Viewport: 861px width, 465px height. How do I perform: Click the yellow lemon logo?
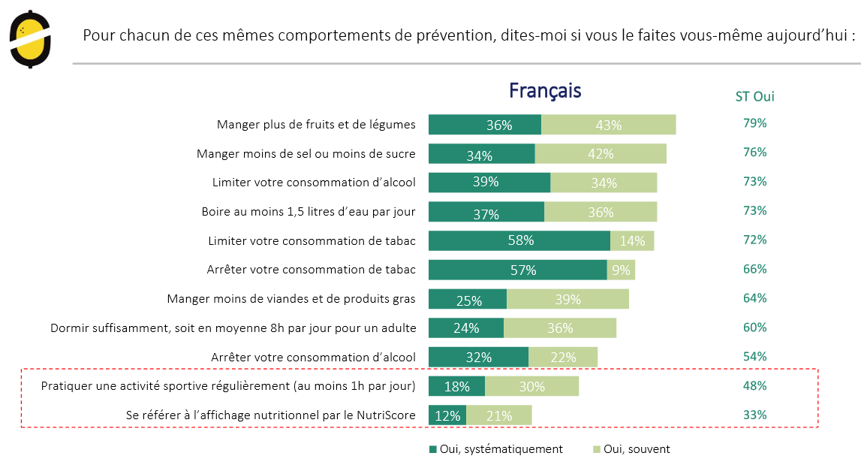click(x=31, y=39)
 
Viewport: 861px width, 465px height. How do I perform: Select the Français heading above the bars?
click(x=545, y=90)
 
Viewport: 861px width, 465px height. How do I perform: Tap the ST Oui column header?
click(x=754, y=97)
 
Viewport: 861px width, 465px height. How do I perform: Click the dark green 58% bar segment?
click(x=519, y=240)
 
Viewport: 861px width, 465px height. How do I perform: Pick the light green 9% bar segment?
click(x=621, y=270)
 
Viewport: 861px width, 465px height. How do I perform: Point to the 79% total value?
click(x=754, y=123)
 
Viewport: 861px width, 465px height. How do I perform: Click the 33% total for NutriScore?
click(x=754, y=415)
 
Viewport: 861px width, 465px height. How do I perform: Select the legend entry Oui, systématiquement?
click(x=495, y=449)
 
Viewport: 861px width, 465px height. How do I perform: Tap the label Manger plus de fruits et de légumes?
click(x=316, y=125)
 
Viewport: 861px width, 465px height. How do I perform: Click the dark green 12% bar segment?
click(x=447, y=415)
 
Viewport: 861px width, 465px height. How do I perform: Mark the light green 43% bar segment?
click(x=608, y=125)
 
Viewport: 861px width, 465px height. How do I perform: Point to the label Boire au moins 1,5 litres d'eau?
click(x=309, y=212)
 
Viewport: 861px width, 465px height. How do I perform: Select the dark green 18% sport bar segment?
click(x=456, y=386)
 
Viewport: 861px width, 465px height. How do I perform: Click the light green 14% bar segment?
click(x=632, y=240)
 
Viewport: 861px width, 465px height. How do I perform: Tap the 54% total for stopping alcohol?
click(x=754, y=357)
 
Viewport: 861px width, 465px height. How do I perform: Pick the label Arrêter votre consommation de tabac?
click(x=311, y=270)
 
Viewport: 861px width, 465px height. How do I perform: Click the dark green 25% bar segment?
click(x=468, y=299)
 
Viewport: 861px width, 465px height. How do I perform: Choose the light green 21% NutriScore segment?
click(x=499, y=415)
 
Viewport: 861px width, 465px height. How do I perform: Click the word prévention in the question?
click(x=444, y=35)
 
